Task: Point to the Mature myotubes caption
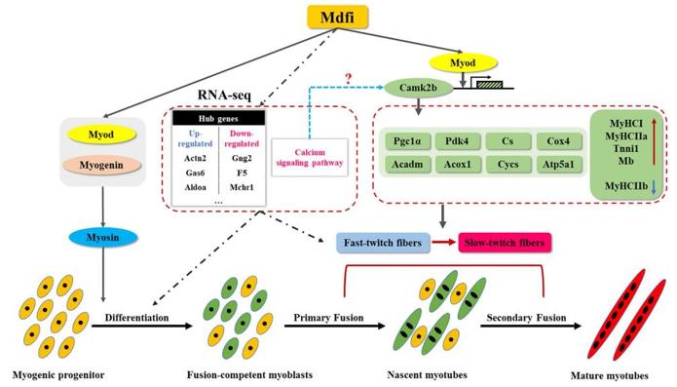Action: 617,371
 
